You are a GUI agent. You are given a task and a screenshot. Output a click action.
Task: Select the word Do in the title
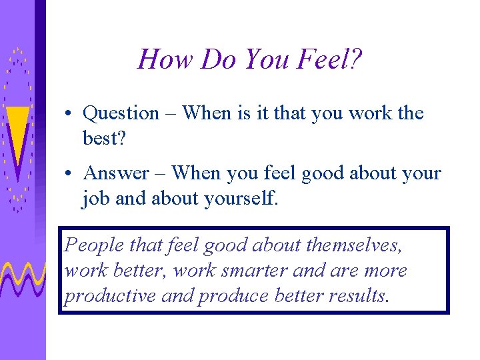point(218,59)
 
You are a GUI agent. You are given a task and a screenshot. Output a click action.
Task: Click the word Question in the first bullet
point(121,113)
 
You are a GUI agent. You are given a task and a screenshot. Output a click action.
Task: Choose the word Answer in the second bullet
point(116,173)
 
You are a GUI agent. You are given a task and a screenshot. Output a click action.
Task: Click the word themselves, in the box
point(354,245)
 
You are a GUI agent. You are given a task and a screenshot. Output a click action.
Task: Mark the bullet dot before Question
point(69,115)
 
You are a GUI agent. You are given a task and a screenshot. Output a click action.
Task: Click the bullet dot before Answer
point(69,175)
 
